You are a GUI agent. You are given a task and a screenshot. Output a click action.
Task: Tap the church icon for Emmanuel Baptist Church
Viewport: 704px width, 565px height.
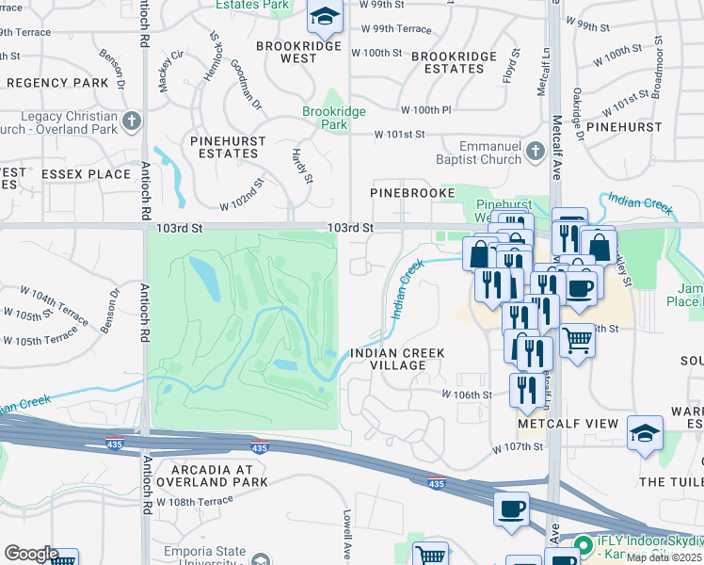click(536, 152)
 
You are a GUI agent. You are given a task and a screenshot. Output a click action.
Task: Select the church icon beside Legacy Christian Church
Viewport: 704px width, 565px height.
click(132, 121)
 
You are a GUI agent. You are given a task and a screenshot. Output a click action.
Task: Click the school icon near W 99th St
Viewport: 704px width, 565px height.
click(325, 16)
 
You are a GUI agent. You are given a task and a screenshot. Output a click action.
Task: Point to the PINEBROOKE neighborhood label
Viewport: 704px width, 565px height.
click(412, 192)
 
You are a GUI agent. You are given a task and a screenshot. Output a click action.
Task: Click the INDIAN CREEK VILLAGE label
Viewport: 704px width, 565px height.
click(396, 360)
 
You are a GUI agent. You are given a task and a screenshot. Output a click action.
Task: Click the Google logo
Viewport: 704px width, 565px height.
click(31, 553)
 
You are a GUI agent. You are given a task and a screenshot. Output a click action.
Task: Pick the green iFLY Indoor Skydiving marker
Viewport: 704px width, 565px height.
click(584, 543)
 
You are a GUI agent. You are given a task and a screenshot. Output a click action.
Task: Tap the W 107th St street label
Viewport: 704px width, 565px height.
click(518, 449)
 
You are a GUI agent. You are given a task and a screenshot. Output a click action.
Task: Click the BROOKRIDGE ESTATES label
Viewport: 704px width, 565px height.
click(454, 62)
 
